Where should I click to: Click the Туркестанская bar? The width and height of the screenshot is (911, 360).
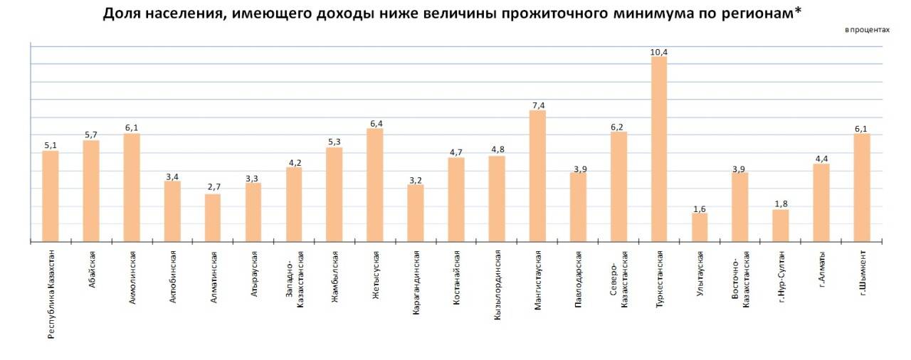[659, 149]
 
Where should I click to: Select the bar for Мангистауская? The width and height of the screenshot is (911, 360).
[537, 176]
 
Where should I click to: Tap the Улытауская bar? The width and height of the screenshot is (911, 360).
[700, 228]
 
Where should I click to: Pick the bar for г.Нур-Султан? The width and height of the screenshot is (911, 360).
[781, 226]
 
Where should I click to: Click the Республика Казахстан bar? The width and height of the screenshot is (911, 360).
[51, 196]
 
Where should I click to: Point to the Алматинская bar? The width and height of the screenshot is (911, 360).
[213, 218]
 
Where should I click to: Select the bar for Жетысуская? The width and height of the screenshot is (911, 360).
[375, 185]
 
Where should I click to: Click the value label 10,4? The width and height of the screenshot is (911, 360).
[659, 51]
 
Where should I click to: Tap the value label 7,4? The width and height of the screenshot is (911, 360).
[537, 105]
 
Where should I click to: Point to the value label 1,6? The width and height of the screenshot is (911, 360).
[700, 208]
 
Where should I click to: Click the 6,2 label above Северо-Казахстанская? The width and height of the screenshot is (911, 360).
[618, 127]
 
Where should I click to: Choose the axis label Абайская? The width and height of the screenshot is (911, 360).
[91, 268]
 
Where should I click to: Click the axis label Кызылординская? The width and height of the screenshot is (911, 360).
[497, 285]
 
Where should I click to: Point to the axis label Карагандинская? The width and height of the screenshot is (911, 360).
[416, 282]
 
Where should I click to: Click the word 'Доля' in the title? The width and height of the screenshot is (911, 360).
[120, 14]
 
